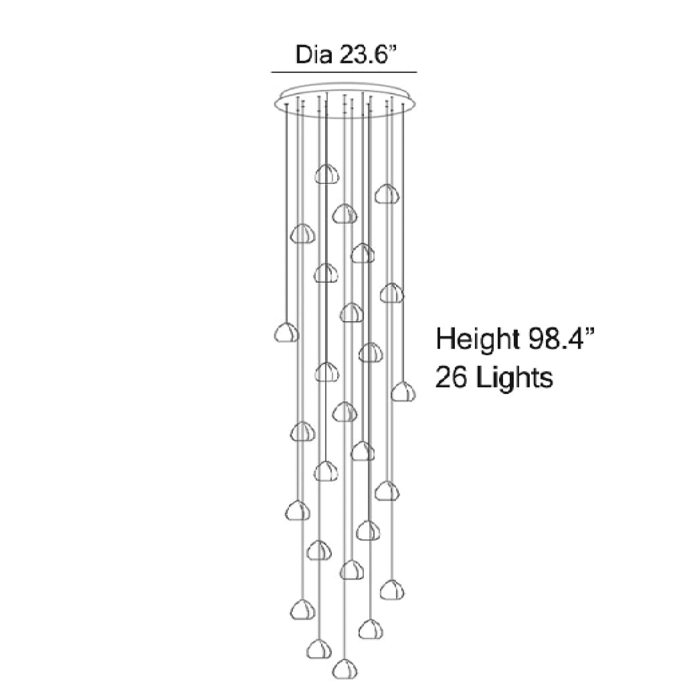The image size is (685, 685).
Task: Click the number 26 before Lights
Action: (x=452, y=378)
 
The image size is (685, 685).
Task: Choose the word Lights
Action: (x=514, y=379)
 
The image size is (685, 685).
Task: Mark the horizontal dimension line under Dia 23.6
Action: (x=344, y=72)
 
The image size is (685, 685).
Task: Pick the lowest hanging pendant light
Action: (x=344, y=668)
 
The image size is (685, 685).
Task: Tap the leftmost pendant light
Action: (x=287, y=332)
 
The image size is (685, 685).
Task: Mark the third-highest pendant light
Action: (x=344, y=214)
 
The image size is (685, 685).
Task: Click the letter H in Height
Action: (x=445, y=339)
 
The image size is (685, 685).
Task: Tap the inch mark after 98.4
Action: (x=589, y=331)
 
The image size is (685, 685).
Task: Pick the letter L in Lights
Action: (x=482, y=378)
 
